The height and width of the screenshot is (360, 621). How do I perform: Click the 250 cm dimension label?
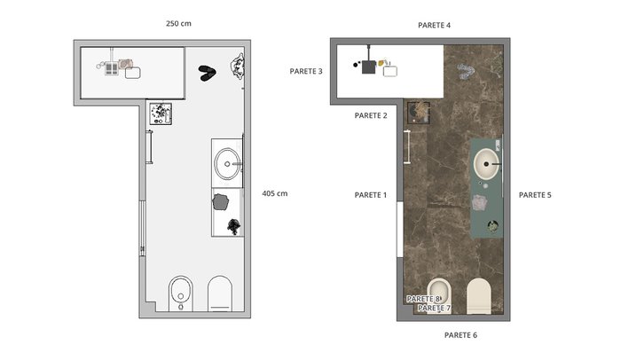coord(178,23)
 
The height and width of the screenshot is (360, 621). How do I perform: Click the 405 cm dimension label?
coord(275,193)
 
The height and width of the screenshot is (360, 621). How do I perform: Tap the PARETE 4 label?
coord(434,26)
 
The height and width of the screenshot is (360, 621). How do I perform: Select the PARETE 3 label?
coord(306,71)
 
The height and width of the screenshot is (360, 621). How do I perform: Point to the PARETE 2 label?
coord(371,115)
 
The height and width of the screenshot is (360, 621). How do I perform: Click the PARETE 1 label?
coord(370,195)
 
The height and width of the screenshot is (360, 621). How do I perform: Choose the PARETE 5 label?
coord(535,195)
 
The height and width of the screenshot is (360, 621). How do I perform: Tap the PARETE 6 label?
coord(460,335)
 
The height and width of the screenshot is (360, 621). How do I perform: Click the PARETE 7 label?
coord(434,308)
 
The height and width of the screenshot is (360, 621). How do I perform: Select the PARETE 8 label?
coord(423,299)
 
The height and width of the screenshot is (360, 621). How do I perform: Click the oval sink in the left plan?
coord(227,164)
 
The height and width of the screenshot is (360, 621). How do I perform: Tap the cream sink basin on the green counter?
coord(486,164)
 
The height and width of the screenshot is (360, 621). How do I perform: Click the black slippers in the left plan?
coord(207,74)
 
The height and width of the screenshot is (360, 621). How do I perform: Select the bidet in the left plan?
coord(181,293)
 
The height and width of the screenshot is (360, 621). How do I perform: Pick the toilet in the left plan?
coord(220,293)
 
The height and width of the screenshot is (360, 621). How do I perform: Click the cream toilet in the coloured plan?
coord(479,296)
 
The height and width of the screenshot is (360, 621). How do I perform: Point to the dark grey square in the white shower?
coord(368,67)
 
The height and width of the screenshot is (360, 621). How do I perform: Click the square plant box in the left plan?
coord(161,113)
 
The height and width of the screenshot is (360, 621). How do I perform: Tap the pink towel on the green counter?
coord(479,202)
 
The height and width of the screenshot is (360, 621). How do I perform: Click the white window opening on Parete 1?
coord(400,230)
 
